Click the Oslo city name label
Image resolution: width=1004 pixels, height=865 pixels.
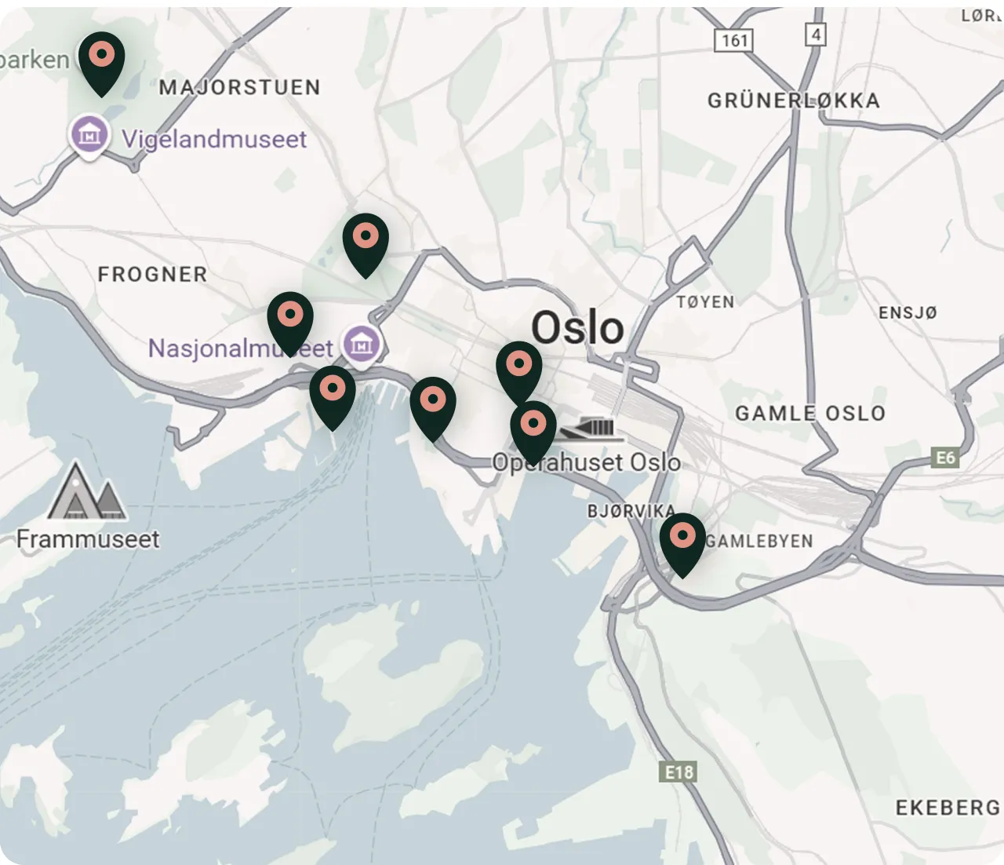577,327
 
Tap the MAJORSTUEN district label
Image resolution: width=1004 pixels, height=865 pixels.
239,87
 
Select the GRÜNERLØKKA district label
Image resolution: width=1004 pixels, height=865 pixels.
793,100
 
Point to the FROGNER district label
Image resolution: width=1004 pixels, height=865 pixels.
152,275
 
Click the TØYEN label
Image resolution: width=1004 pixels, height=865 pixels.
705,302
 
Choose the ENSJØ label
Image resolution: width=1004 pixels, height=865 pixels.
908,312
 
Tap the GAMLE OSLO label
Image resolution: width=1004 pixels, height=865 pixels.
809,414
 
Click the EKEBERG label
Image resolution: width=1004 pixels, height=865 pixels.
948,808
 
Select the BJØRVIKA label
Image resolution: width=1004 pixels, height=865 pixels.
631,512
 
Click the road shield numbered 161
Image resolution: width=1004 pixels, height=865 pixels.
733,40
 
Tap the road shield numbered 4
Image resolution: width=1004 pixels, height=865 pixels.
816,35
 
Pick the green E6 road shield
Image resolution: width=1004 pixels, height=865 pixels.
945,458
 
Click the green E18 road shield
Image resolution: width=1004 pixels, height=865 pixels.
678,772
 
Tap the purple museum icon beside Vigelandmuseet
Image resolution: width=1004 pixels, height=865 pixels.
89,135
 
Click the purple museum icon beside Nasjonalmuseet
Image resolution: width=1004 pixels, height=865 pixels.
361,345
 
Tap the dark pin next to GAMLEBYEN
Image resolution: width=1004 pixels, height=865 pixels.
682,542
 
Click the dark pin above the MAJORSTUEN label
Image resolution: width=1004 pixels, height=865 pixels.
101,60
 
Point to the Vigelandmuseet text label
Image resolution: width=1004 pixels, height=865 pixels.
214,140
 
